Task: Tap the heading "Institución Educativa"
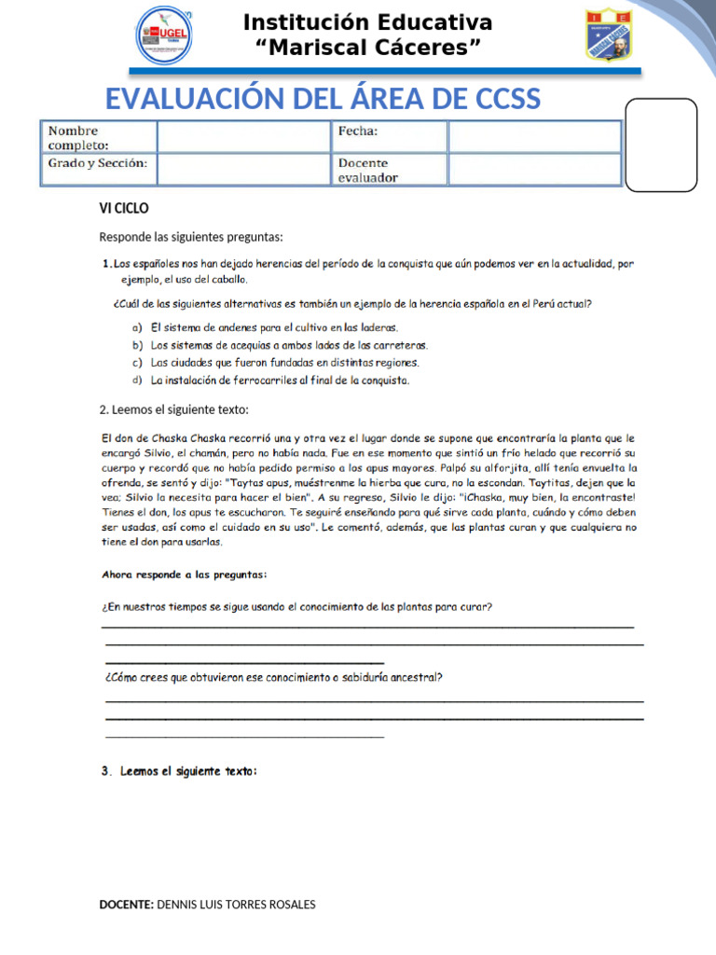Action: [x=367, y=22]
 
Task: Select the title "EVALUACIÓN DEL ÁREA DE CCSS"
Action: [x=322, y=98]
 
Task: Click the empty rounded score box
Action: [x=660, y=145]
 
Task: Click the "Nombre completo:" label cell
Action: [x=100, y=137]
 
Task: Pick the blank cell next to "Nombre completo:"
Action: [x=243, y=137]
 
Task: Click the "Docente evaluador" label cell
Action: [x=389, y=170]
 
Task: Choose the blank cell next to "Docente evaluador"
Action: [x=533, y=170]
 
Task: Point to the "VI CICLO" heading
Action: [x=124, y=208]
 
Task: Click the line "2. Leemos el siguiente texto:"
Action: [x=174, y=409]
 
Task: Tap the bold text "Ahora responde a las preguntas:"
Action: [x=184, y=574]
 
